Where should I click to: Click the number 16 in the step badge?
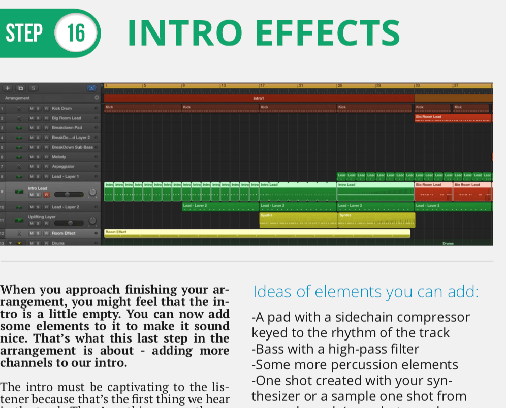click(x=76, y=33)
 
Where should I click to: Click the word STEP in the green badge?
click(x=24, y=33)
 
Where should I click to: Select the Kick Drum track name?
click(x=62, y=108)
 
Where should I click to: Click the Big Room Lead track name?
click(x=66, y=118)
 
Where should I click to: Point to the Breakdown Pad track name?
click(x=67, y=127)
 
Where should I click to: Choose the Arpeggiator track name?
click(x=63, y=166)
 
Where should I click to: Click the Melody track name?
click(x=59, y=157)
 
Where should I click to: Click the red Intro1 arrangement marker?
click(x=259, y=98)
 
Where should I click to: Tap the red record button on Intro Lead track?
click(x=46, y=194)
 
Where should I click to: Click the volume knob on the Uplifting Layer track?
click(x=92, y=221)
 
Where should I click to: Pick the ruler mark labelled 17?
click(x=262, y=85)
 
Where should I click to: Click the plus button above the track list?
click(x=8, y=88)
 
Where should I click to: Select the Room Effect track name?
click(x=64, y=233)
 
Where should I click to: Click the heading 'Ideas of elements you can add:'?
click(x=366, y=292)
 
